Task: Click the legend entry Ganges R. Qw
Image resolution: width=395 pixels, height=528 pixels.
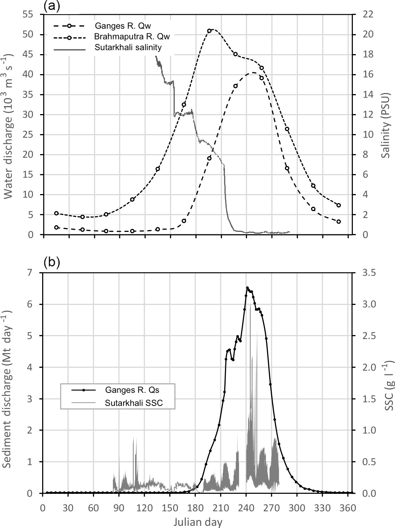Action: [x=122, y=26]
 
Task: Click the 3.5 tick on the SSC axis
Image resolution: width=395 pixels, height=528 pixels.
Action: [x=367, y=273]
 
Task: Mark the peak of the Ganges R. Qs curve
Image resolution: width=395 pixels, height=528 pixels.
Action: [x=247, y=288]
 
